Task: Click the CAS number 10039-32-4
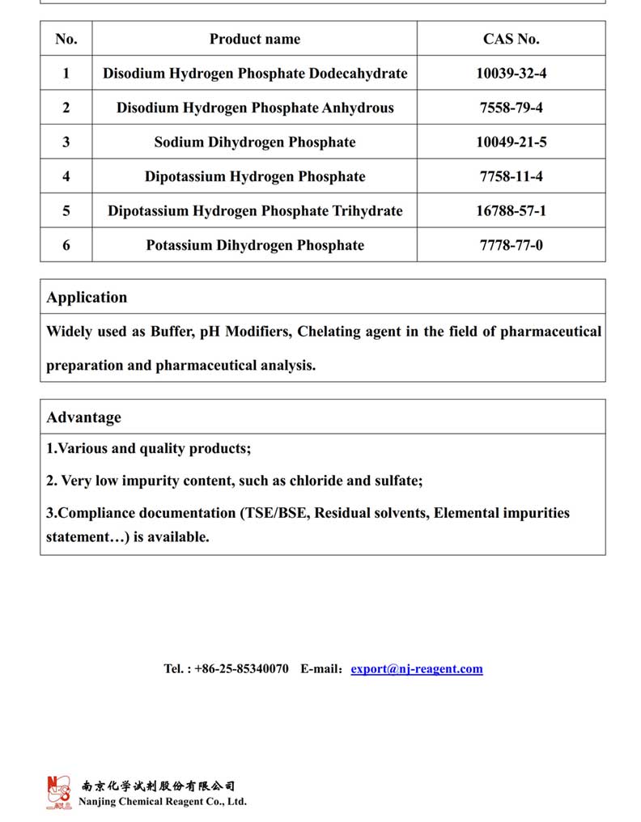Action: pos(511,74)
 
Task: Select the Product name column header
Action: pos(254,39)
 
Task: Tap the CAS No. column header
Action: pos(511,39)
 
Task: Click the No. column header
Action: pos(66,39)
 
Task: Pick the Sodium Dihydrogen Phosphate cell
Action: pos(254,142)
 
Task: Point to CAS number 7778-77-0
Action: pos(511,245)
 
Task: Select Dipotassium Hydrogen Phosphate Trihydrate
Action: pos(254,211)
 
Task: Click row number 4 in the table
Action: pos(66,176)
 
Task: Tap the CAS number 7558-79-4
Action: pos(511,108)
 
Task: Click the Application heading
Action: pos(87,297)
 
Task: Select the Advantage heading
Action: pos(83,417)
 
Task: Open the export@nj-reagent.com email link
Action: pos(416,669)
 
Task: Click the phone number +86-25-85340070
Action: pos(241,669)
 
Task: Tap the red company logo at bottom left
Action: pos(58,792)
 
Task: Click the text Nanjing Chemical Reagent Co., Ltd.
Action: pos(162,802)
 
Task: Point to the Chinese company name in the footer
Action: pos(158,786)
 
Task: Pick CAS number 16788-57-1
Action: pos(511,211)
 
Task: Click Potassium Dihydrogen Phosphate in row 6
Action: pos(254,245)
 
